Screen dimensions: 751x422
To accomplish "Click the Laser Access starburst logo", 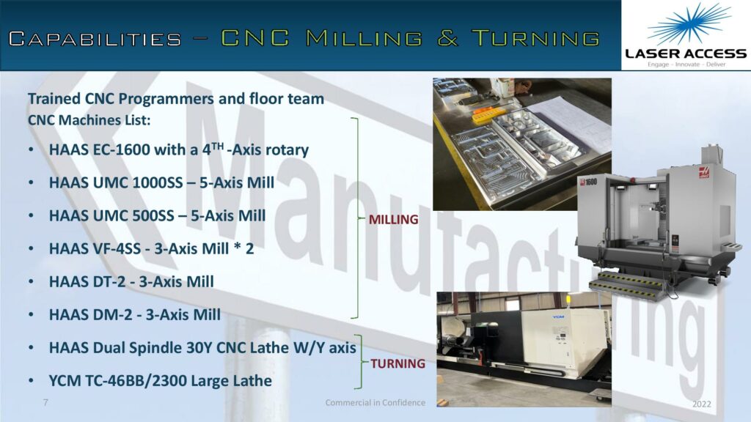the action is tap(689, 24).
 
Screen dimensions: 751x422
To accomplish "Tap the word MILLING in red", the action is tap(393, 220).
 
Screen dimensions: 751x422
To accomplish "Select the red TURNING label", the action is tap(398, 363).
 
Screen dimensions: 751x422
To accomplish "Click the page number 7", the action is tap(45, 402).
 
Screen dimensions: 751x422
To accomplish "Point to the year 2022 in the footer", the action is tap(702, 404).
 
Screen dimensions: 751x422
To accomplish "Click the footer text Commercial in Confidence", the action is tap(375, 402).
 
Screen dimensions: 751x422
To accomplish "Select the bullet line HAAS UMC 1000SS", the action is tap(161, 182).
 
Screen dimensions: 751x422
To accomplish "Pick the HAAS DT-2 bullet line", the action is tap(131, 281).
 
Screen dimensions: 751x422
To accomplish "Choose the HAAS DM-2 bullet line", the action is tap(135, 314).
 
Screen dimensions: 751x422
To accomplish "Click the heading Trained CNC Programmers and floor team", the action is tap(176, 99).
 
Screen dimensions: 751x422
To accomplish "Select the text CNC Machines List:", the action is tap(89, 120).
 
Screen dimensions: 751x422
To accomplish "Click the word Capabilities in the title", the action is tap(95, 39).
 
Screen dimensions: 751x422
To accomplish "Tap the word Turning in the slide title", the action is tap(535, 38).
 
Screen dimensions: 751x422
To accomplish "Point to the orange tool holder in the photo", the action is tap(489, 115).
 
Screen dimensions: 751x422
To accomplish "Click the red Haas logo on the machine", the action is tap(705, 171).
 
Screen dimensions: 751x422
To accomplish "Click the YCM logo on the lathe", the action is tap(558, 316).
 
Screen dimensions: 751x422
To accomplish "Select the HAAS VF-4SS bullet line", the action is tap(151, 248).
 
